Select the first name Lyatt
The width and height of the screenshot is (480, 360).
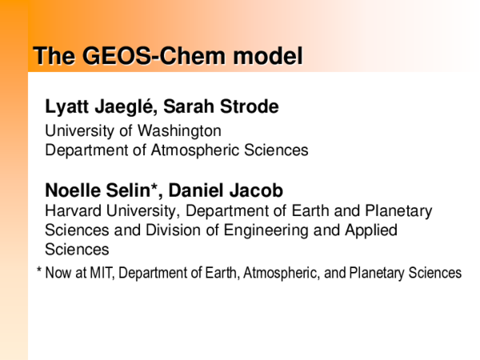[x=68, y=107]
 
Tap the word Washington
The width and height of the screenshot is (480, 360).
[x=186, y=130]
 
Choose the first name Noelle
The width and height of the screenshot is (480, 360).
[x=71, y=191]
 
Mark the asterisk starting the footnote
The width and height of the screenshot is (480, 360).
[x=39, y=271]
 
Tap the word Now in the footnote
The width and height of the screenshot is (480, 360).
[x=58, y=273]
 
